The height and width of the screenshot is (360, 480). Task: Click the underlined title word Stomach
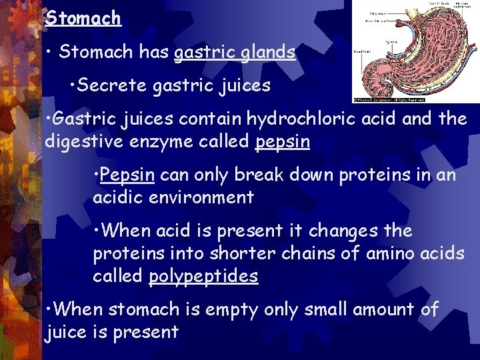coord(83,18)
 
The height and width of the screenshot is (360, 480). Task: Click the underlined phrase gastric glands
coord(234,53)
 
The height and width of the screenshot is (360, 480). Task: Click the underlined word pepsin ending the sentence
coord(283,142)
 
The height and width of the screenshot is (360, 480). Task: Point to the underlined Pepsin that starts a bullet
coord(127,175)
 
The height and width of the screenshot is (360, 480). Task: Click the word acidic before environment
coord(123,197)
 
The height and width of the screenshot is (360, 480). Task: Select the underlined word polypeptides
coord(203,276)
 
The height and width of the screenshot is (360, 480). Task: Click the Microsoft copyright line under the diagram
coord(390,100)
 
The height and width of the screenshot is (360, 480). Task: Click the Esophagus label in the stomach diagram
coord(378,13)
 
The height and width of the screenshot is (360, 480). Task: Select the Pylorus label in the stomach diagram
coord(391,42)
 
